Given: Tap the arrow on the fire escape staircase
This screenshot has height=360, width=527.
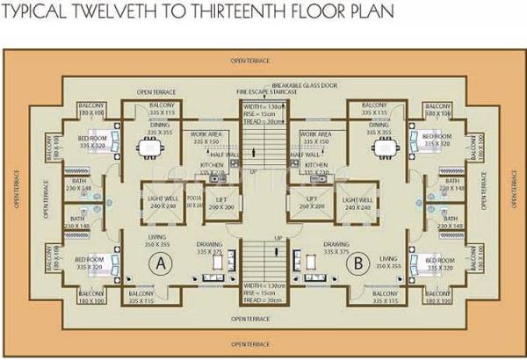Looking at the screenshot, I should coord(256,149).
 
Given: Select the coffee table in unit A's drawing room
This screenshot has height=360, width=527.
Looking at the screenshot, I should coord(212,277).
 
